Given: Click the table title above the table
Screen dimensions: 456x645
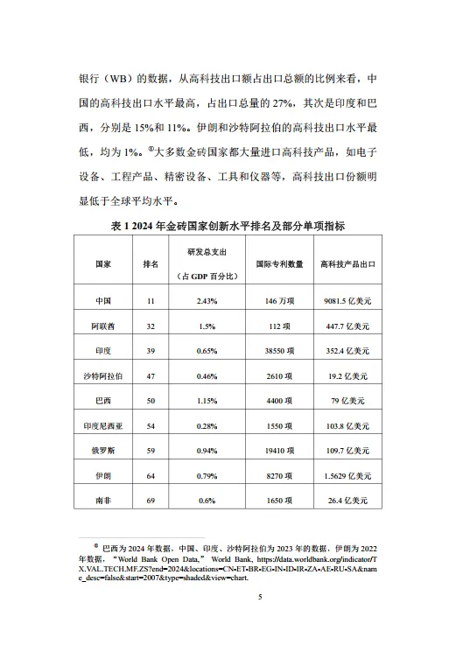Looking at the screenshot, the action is click(x=228, y=226).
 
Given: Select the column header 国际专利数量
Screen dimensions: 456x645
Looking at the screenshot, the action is click(x=280, y=263).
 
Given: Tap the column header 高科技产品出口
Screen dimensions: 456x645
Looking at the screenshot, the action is click(x=347, y=263).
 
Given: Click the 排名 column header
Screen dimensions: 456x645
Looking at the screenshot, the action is click(x=151, y=263).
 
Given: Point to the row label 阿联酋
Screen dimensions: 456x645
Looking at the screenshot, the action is click(x=102, y=326).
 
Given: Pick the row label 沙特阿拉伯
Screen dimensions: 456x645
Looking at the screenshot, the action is click(x=102, y=375).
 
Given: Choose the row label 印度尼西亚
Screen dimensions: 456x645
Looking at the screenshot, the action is click(x=102, y=425).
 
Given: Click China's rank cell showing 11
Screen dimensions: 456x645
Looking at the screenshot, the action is click(x=151, y=301).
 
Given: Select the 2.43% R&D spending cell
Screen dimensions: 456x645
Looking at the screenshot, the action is click(x=207, y=301).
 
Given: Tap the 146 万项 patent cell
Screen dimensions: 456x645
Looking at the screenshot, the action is click(x=280, y=301).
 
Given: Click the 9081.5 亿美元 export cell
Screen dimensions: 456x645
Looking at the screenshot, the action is click(x=347, y=301).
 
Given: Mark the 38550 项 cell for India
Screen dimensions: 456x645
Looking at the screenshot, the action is click(x=280, y=351).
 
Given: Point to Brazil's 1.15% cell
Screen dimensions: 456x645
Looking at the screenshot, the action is click(x=207, y=401).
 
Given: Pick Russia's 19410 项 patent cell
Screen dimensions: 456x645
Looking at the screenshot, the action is click(x=280, y=451).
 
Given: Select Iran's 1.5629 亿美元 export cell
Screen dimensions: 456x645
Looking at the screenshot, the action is click(x=347, y=476).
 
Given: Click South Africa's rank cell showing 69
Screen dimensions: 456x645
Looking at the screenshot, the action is click(x=151, y=501).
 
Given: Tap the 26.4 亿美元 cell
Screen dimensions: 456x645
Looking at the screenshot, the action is click(x=347, y=501).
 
